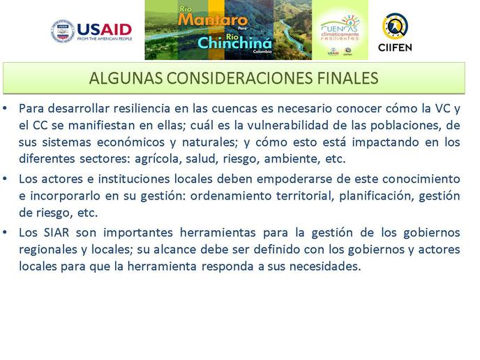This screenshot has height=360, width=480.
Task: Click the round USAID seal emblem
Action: coord(63,31)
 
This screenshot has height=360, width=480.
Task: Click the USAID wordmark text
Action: coord(105,30)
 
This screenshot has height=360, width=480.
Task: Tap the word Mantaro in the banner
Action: coord(213,20)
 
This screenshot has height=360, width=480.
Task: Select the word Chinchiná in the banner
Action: coord(234,43)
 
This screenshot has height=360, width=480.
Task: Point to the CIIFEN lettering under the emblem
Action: coord(395,47)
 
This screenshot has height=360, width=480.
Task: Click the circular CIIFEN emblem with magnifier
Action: coord(395,26)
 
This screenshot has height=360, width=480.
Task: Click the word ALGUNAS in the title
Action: coord(126,78)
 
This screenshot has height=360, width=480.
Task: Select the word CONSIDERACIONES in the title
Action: coord(240,78)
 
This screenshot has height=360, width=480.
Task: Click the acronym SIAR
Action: coord(57,232)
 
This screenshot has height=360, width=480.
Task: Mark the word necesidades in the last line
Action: coord(325,267)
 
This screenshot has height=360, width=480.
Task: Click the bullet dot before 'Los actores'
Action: coord(5,179)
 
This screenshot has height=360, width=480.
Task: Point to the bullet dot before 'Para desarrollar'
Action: coord(5,108)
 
